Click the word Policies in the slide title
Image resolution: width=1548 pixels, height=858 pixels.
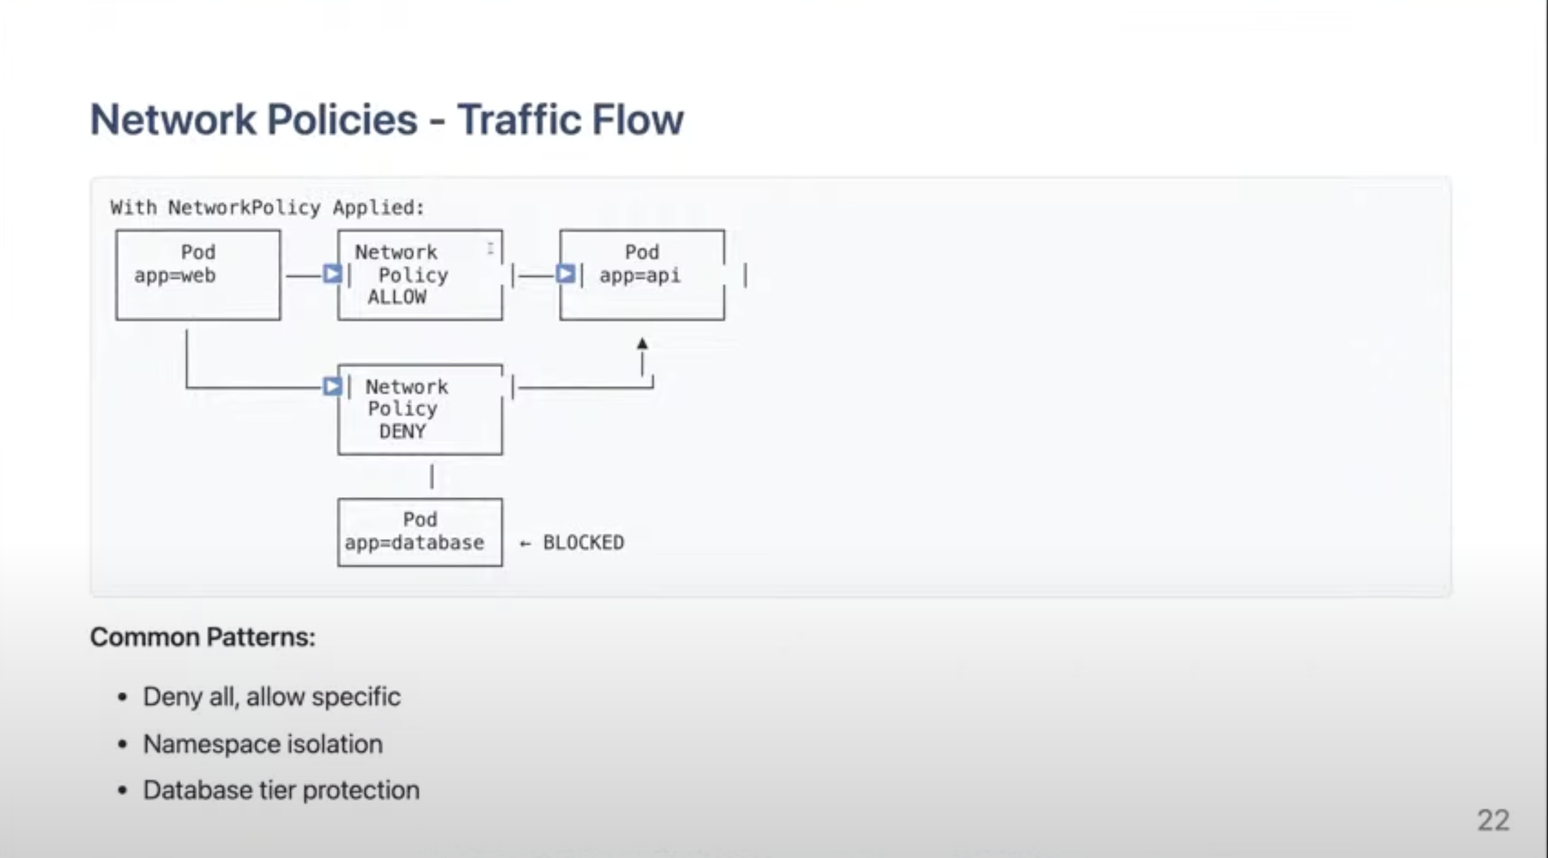341,120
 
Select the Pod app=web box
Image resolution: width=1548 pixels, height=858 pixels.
198,275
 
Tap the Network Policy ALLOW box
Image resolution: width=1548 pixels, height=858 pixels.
420,275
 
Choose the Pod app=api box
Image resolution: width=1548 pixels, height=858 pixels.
642,275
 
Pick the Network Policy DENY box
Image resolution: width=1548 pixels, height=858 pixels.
420,409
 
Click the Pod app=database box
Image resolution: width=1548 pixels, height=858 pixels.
420,532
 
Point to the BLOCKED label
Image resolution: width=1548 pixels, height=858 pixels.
583,542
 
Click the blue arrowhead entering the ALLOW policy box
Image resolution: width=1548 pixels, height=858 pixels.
332,275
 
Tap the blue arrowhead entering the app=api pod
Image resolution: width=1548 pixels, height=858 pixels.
565,275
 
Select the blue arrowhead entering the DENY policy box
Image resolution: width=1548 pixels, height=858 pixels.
332,387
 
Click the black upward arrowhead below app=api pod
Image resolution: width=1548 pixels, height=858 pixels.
642,344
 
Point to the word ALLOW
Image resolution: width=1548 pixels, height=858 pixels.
397,297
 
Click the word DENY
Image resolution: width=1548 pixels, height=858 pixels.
402,431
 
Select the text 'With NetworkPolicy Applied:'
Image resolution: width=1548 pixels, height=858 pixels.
267,207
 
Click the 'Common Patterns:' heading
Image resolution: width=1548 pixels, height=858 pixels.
202,637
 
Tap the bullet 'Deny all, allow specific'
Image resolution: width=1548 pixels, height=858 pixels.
271,697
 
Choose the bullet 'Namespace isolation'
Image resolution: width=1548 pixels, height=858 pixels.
262,744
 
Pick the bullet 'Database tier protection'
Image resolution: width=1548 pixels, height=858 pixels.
281,790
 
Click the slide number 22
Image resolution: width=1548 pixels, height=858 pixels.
1493,820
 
